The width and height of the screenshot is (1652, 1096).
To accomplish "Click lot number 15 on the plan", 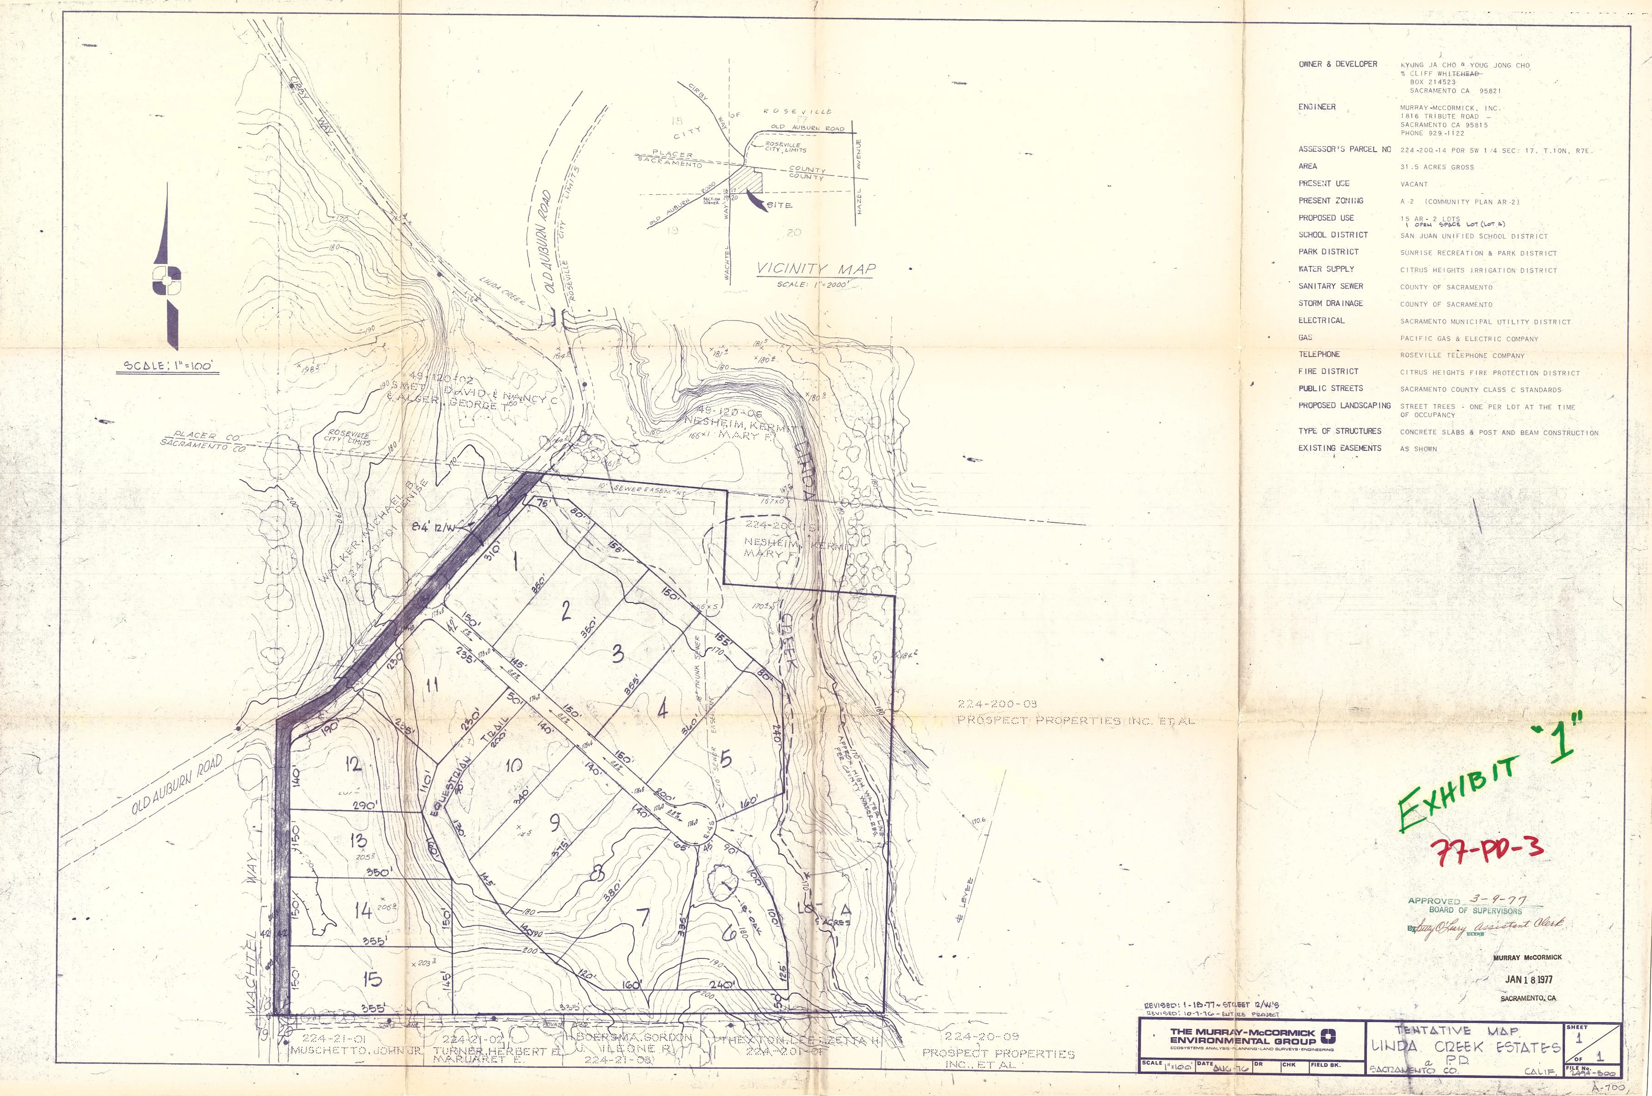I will click(x=373, y=979).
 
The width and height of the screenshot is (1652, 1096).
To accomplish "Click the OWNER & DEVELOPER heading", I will click(x=1338, y=64).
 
